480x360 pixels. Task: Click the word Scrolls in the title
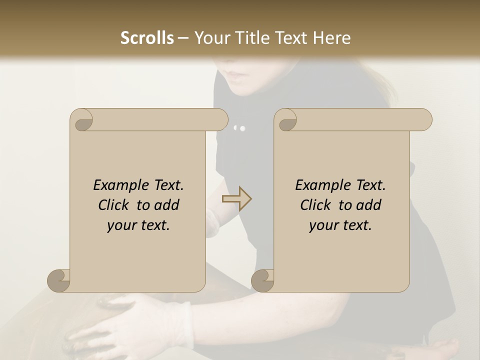[147, 38]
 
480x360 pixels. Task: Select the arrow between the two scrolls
[236, 199]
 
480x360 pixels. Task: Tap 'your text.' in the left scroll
[138, 225]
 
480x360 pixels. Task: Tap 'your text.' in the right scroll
[340, 225]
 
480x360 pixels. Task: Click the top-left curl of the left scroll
[82, 120]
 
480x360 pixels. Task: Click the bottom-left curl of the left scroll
[58, 280]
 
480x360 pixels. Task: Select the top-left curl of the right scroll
[286, 120]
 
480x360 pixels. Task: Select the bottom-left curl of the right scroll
[262, 280]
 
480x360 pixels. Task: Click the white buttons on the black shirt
[240, 128]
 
